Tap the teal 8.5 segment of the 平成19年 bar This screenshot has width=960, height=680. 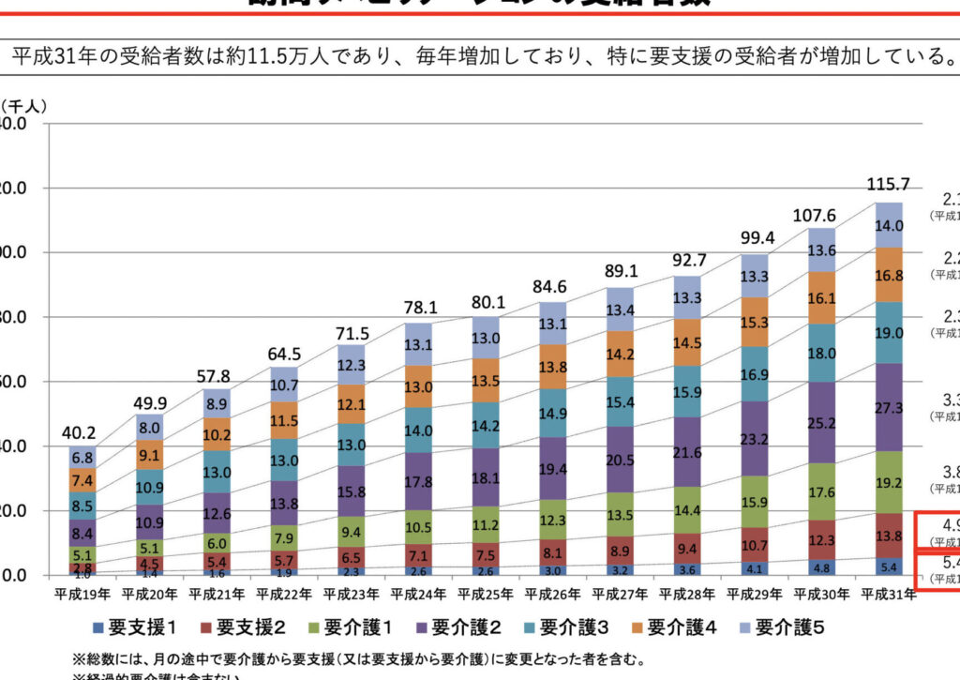coord(82,506)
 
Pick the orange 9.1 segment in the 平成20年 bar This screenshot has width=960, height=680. coord(150,456)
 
